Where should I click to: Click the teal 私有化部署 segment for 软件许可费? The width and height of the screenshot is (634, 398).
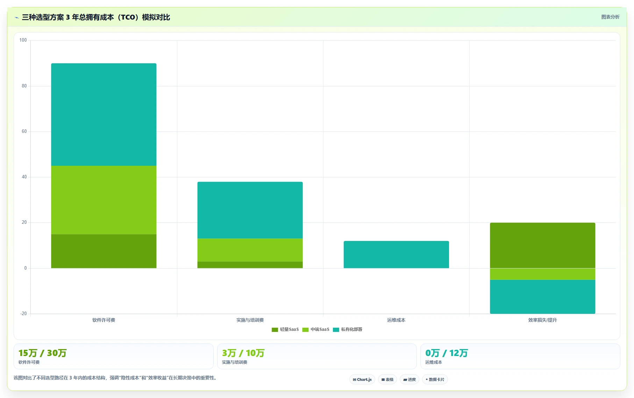[104, 114]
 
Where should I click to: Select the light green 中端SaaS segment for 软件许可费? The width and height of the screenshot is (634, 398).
[104, 200]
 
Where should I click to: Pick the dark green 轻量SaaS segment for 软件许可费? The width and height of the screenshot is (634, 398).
[104, 251]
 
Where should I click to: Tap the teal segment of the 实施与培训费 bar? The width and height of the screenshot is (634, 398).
[250, 210]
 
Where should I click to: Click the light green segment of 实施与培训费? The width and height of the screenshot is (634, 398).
[250, 250]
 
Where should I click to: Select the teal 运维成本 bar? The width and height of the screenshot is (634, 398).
[396, 255]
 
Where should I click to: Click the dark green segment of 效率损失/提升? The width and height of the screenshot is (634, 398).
[542, 246]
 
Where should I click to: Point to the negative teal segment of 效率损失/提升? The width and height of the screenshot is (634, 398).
[542, 297]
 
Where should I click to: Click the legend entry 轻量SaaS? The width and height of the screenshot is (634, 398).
[285, 329]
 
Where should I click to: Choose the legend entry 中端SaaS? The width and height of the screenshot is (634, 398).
[316, 329]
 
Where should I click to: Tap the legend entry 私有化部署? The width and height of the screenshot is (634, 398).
[348, 329]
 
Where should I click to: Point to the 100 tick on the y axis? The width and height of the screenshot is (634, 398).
[23, 40]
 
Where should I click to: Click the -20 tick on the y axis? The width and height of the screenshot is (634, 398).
[23, 314]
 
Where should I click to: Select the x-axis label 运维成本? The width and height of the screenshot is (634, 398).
[396, 320]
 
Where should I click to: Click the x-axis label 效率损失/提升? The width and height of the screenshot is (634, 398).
[542, 320]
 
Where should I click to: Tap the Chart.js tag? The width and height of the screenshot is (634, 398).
[362, 379]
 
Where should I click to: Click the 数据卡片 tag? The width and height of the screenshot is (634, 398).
[435, 379]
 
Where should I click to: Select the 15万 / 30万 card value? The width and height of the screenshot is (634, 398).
[42, 353]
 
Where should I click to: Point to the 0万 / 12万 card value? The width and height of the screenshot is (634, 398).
[447, 353]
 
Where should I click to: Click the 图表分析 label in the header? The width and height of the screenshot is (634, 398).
[610, 17]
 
